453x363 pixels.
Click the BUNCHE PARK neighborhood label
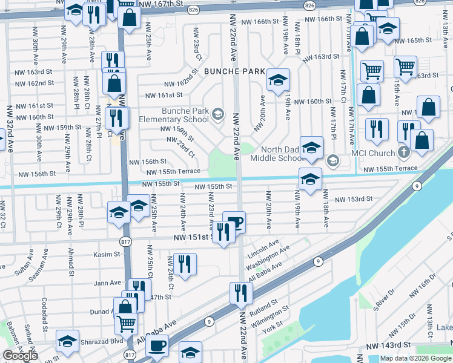[x=234, y=71]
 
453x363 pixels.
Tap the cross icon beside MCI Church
[x=404, y=153]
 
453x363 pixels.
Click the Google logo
[x=20, y=356]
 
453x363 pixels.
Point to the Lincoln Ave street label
[x=263, y=248]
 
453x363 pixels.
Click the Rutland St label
[x=263, y=305]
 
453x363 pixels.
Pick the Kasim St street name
[x=107, y=255]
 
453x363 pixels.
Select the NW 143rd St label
[x=388, y=344]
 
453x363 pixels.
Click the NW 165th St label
[x=414, y=41]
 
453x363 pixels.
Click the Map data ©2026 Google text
[x=415, y=358]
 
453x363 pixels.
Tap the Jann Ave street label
[x=108, y=282]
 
